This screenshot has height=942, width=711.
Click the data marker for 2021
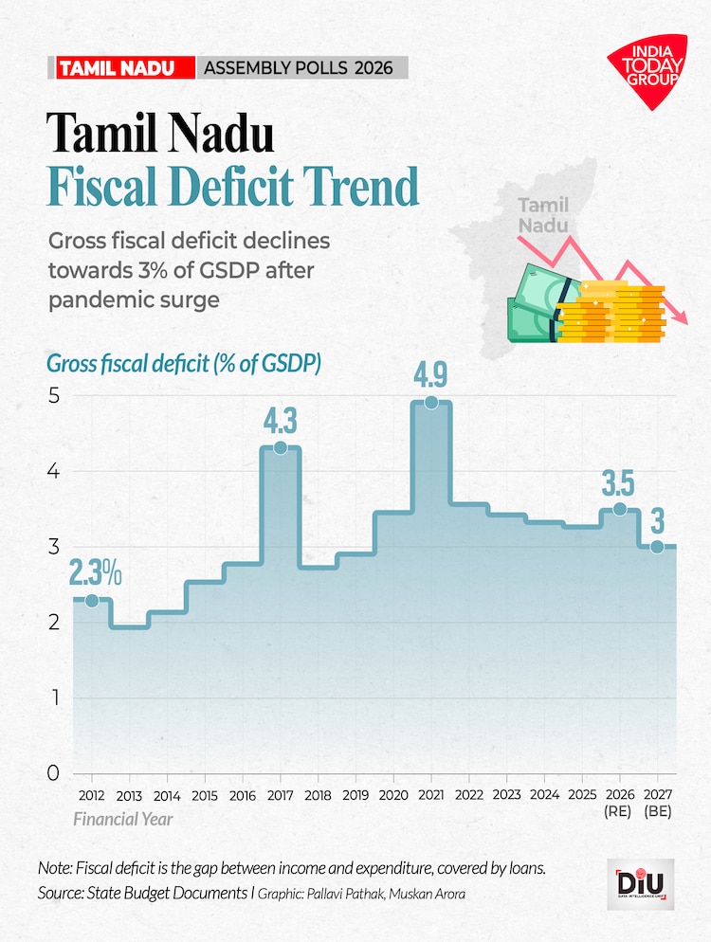(x=431, y=402)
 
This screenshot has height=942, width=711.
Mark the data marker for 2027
(x=657, y=547)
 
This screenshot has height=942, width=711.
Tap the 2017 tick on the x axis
(x=281, y=794)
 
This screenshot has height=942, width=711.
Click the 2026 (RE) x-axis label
(x=619, y=802)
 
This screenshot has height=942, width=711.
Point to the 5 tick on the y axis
(x=53, y=395)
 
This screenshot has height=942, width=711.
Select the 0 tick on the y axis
(x=53, y=773)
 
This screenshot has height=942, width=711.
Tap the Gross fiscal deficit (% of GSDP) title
(x=184, y=363)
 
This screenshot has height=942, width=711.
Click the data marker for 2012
(x=92, y=600)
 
